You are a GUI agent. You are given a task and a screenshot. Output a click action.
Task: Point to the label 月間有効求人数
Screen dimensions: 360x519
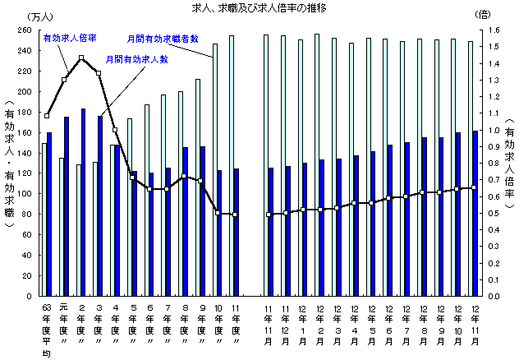pos(137,59)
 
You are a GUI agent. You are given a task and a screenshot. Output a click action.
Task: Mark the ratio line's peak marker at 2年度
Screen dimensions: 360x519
pos(81,58)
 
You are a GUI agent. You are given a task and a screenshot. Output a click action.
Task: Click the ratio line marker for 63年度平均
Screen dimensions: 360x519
pos(47,116)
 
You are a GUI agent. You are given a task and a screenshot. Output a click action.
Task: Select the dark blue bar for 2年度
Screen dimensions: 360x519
pos(84,202)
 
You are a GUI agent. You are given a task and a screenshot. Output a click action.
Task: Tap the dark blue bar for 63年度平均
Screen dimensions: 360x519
pos(49,214)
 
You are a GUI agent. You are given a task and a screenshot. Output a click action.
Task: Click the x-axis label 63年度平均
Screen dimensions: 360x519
pos(47,329)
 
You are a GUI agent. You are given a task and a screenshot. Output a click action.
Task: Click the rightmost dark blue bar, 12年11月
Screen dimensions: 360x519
pos(475,213)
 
